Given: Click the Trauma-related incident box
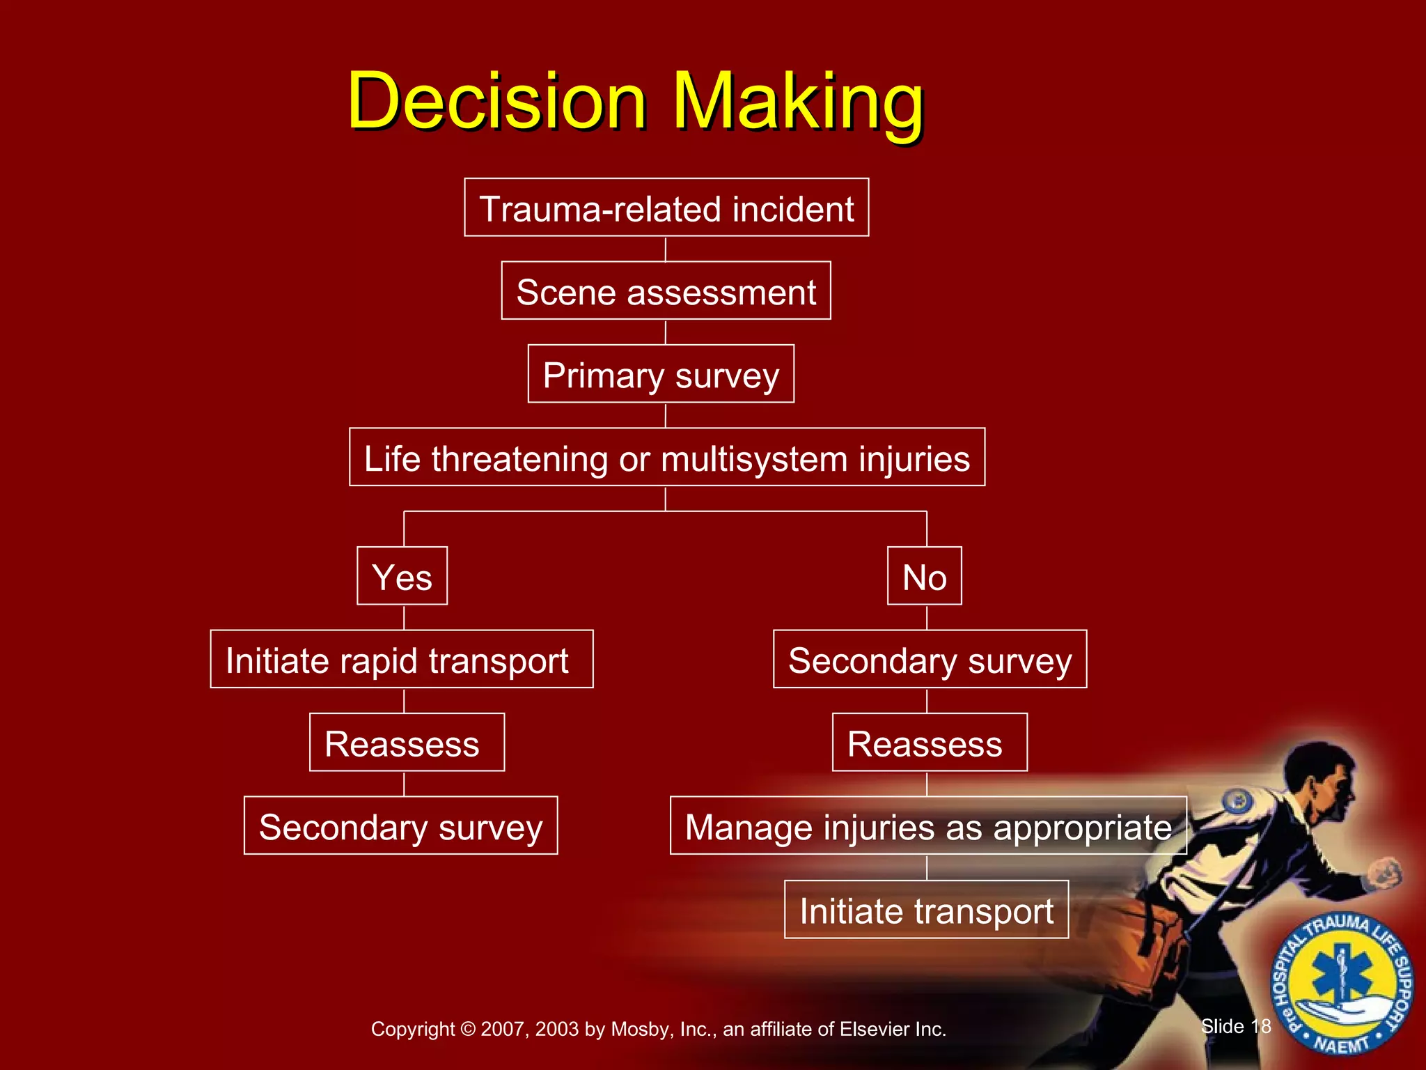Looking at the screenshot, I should (666, 208).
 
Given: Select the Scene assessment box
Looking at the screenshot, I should (666, 291).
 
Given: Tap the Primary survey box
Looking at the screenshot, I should (660, 374).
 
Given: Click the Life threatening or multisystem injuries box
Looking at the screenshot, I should (666, 458).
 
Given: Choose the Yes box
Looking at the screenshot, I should (402, 576).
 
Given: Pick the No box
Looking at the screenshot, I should (924, 576).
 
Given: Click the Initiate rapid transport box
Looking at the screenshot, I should (401, 659).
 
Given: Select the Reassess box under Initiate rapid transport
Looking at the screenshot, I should (407, 743).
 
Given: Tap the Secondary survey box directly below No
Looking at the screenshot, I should (930, 659).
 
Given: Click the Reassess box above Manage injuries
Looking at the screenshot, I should (930, 743).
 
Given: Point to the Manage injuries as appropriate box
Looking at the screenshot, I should (927, 826).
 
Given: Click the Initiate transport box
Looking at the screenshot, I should (926, 910).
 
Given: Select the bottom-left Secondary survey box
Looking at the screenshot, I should (400, 826).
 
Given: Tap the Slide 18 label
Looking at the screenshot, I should (1236, 1026).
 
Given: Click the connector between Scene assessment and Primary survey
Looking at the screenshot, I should (666, 332).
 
